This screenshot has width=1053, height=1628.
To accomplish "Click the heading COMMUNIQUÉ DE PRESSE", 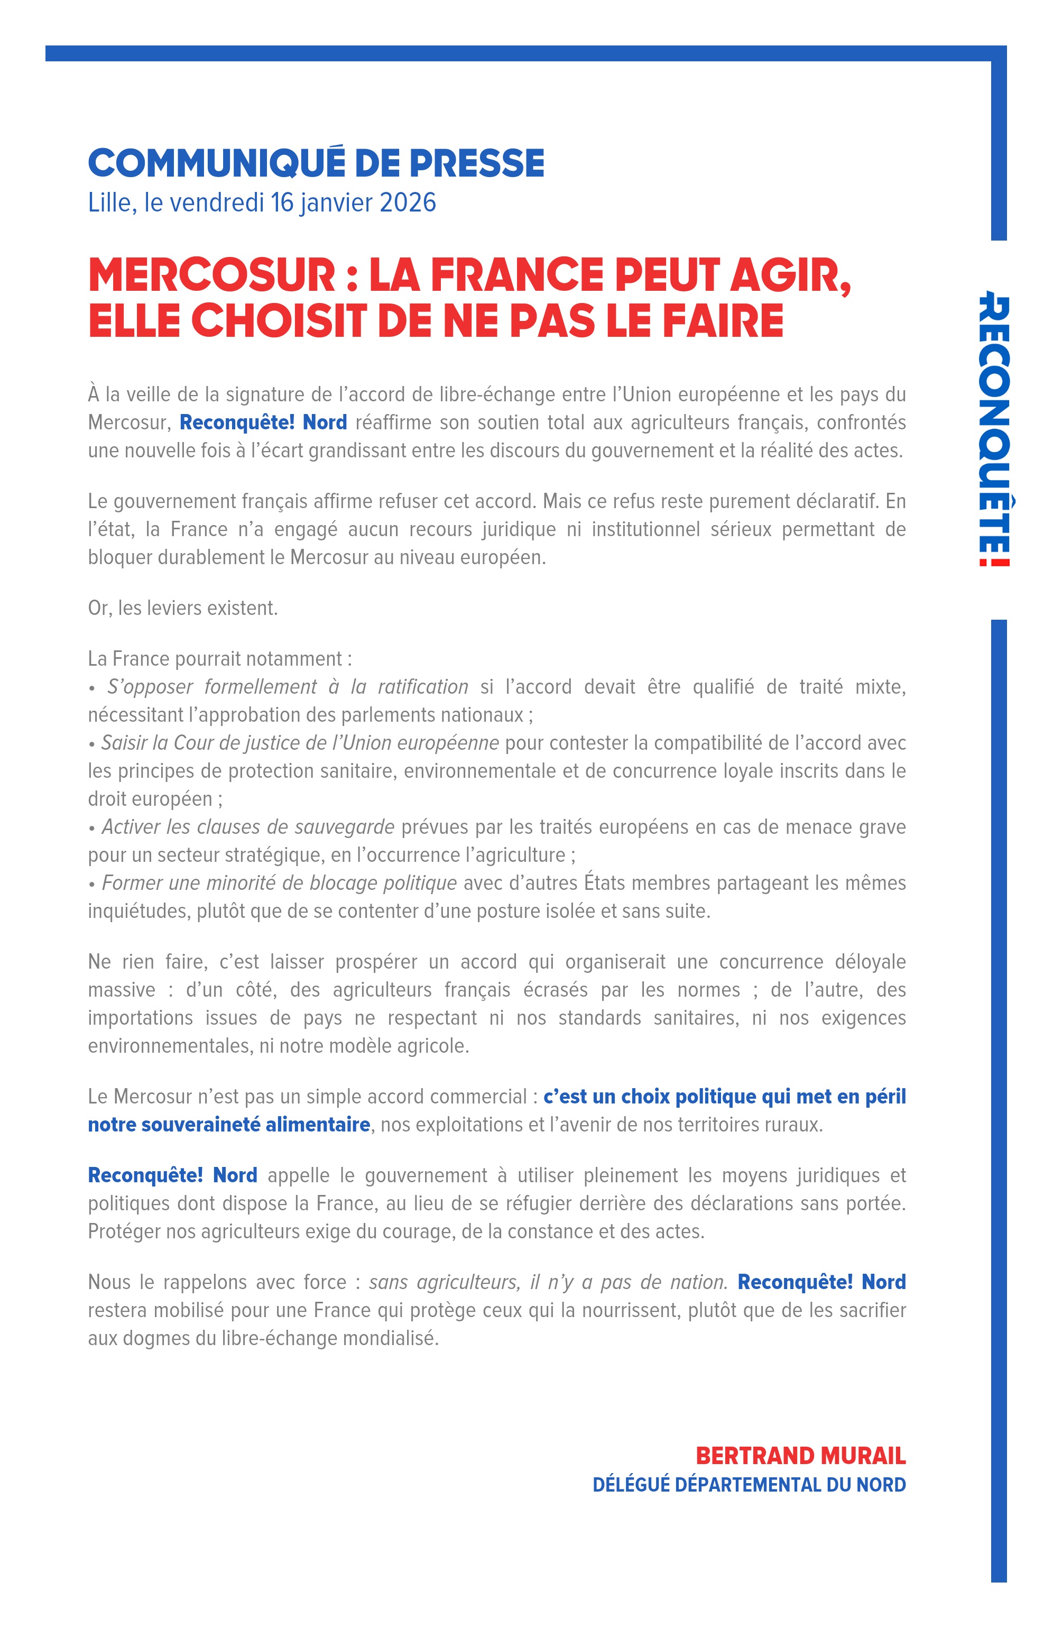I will click(x=316, y=163).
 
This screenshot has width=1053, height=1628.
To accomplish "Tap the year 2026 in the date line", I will click(x=408, y=203).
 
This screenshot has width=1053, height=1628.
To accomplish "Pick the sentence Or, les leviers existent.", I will click(x=182, y=608).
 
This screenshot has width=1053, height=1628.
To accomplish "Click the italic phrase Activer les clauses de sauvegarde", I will click(x=248, y=827).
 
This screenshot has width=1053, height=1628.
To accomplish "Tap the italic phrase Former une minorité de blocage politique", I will click(x=279, y=884).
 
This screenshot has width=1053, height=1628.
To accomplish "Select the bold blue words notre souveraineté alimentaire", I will click(x=229, y=1125).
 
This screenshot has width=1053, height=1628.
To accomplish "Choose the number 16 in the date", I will click(x=282, y=203).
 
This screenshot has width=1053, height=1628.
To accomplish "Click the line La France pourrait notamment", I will click(x=219, y=658).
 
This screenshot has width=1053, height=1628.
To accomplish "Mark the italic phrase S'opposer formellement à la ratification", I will click(x=287, y=687).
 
